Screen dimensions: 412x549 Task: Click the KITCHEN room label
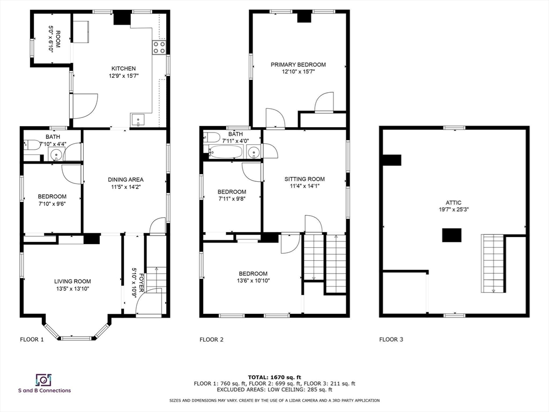(123, 68)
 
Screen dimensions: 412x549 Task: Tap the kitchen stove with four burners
(159, 47)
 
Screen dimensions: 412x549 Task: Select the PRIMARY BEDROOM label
(298, 64)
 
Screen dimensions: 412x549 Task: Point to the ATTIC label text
(454, 203)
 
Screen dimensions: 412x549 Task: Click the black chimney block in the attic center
(451, 235)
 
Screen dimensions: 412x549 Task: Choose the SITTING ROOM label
(304, 179)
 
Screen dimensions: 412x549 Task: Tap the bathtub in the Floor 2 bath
(226, 152)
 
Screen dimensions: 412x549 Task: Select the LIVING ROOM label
(72, 281)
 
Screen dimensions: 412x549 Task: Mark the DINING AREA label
(125, 180)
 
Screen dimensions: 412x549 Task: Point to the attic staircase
(493, 263)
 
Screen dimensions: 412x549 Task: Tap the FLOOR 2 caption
(211, 339)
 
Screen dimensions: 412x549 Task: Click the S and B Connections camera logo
(43, 380)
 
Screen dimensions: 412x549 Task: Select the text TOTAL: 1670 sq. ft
(274, 377)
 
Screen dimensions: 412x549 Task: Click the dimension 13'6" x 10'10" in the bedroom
(253, 280)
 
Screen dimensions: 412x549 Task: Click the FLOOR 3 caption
(391, 339)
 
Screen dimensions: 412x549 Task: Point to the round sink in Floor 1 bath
(56, 154)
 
